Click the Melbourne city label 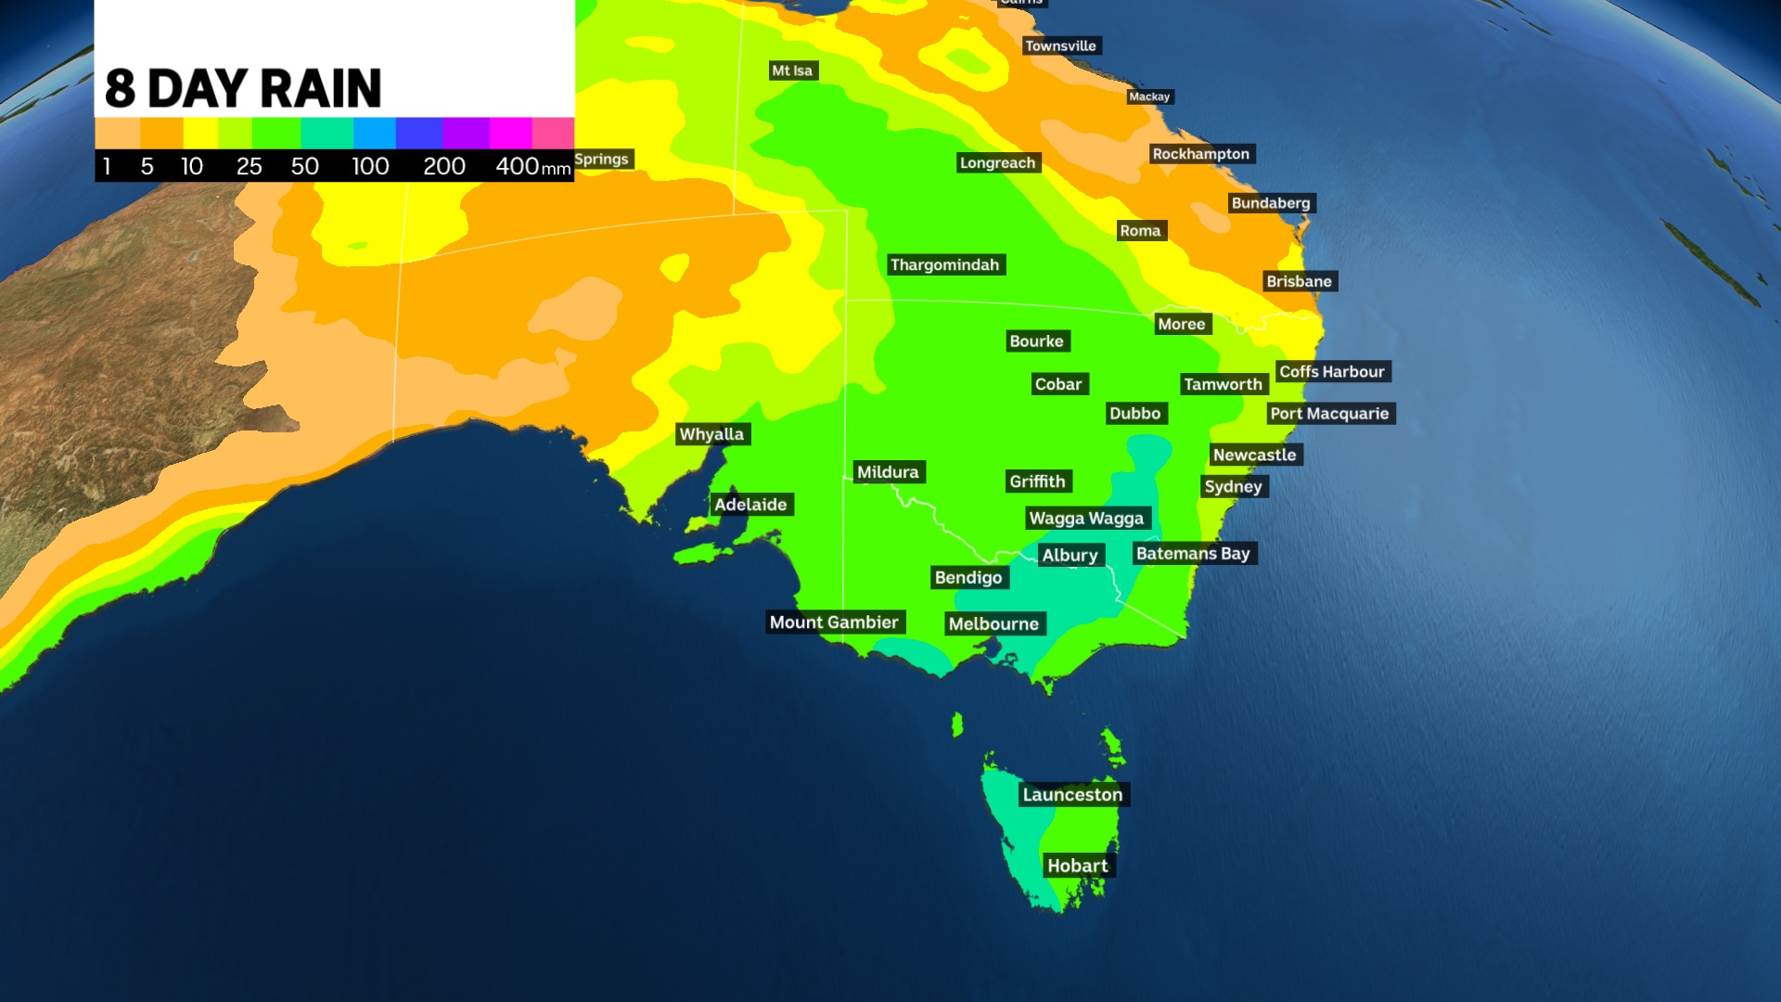click(993, 623)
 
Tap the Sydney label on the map click(1233, 486)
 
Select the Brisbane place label click(1299, 281)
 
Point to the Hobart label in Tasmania click(1077, 866)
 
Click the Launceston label click(1072, 794)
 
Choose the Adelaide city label click(750, 505)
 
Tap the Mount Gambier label click(834, 623)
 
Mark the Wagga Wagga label click(1086, 518)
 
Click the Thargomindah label click(944, 264)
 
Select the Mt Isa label click(792, 71)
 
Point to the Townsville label click(1060, 45)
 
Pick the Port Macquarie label click(1329, 413)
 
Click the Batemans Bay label click(1193, 553)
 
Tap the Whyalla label click(711, 433)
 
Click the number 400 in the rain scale click(517, 166)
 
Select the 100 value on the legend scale click(370, 166)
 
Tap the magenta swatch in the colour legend click(510, 133)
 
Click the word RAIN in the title click(321, 89)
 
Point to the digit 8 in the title click(120, 89)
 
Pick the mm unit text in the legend click(556, 169)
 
